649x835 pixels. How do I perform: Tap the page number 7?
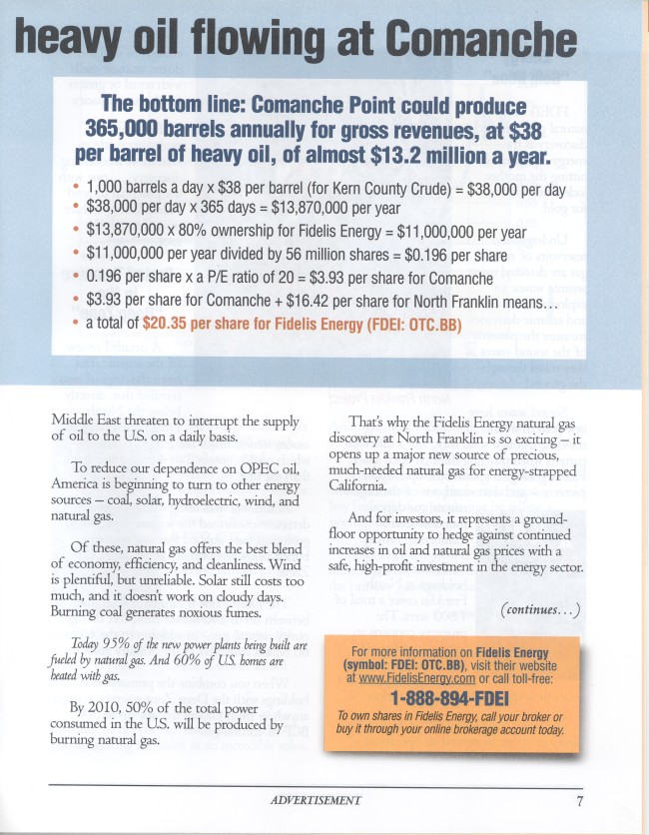(x=579, y=800)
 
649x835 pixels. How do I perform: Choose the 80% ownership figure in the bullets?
(x=229, y=232)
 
